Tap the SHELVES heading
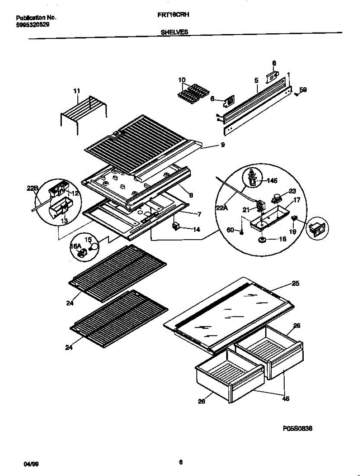[175, 33]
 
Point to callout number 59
[303, 90]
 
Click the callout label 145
[272, 180]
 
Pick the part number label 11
[77, 91]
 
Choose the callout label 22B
[33, 188]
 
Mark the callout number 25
[295, 283]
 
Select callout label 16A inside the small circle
[75, 247]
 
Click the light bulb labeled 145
[252, 177]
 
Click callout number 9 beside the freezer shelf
[223, 145]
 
